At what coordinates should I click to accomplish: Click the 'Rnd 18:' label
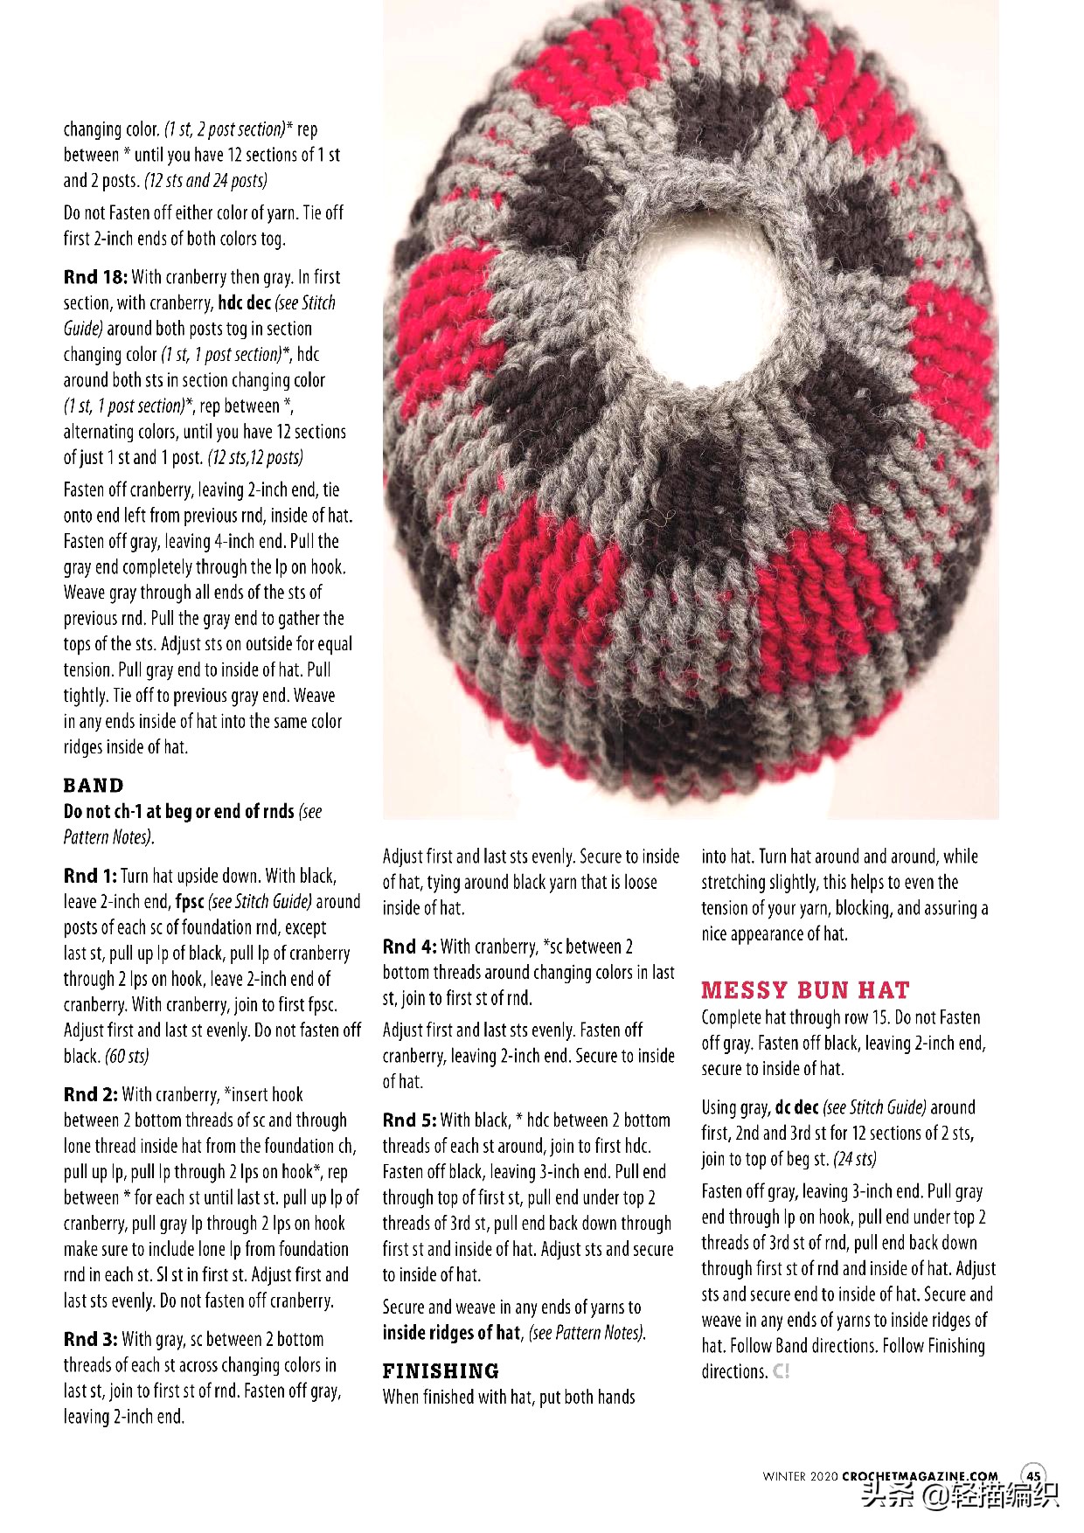click(95, 277)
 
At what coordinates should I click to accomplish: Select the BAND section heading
click(94, 785)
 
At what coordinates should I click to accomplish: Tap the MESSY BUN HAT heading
click(804, 990)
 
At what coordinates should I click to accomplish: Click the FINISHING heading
click(441, 1370)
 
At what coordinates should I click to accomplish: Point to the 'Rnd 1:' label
click(90, 876)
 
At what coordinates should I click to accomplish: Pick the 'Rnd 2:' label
click(90, 1094)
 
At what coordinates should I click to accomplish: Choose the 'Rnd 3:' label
click(90, 1339)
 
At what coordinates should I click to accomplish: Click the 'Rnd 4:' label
click(409, 947)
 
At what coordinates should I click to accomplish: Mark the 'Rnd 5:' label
click(409, 1120)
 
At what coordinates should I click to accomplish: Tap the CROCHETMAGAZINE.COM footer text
click(920, 1476)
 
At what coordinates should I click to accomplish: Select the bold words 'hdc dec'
click(244, 303)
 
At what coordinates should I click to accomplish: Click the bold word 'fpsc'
click(190, 901)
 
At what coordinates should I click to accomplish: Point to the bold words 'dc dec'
click(796, 1107)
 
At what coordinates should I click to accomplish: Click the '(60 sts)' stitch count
click(127, 1056)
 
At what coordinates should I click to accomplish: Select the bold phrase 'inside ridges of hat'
click(451, 1333)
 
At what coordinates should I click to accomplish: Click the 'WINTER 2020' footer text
click(800, 1476)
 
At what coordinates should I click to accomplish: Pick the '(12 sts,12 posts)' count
click(254, 457)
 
